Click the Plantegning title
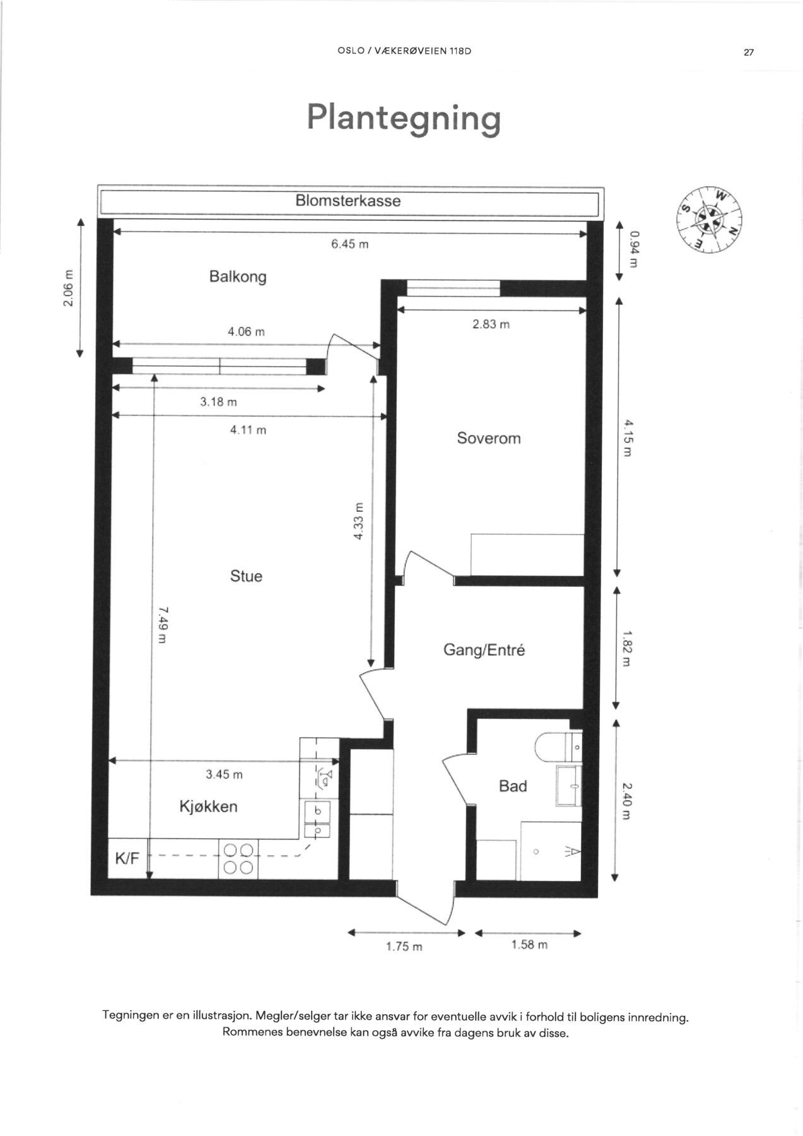click(404, 117)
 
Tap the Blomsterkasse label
click(348, 201)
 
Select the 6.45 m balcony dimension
click(349, 244)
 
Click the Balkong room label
click(238, 276)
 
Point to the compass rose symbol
click(709, 220)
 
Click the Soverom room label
click(489, 438)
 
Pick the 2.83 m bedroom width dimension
click(491, 324)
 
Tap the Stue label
click(246, 576)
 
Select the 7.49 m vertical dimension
click(162, 625)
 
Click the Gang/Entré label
click(484, 650)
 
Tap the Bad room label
click(512, 786)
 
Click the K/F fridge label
click(127, 858)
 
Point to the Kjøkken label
click(208, 807)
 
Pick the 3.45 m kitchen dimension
click(224, 774)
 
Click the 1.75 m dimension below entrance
click(404, 947)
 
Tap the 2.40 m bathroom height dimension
click(625, 801)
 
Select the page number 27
click(749, 53)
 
